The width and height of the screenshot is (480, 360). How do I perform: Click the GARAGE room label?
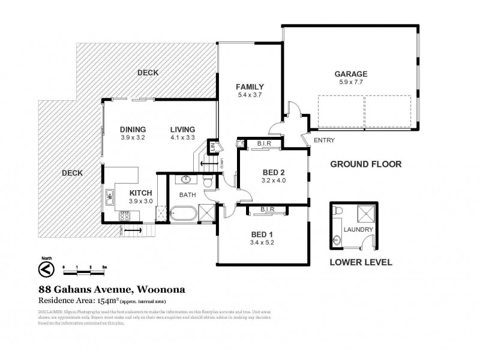(350, 74)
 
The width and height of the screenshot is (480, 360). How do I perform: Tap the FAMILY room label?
(250, 86)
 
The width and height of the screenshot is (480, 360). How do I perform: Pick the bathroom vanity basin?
(185, 179)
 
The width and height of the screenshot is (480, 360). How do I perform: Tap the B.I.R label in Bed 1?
(268, 209)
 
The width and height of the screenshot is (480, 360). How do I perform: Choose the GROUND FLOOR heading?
(365, 164)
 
